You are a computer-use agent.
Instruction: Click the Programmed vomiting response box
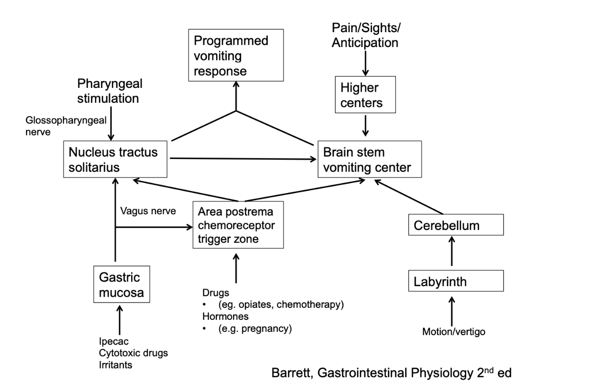tap(236, 56)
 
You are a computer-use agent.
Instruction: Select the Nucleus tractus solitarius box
tap(116, 159)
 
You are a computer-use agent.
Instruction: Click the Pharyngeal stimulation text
tap(110, 91)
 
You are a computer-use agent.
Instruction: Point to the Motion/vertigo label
tap(451, 331)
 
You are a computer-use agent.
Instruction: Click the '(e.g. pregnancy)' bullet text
tap(248, 329)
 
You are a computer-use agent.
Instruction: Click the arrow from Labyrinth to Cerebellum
tap(451, 251)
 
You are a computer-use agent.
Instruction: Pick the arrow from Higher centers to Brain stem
tap(366, 125)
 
